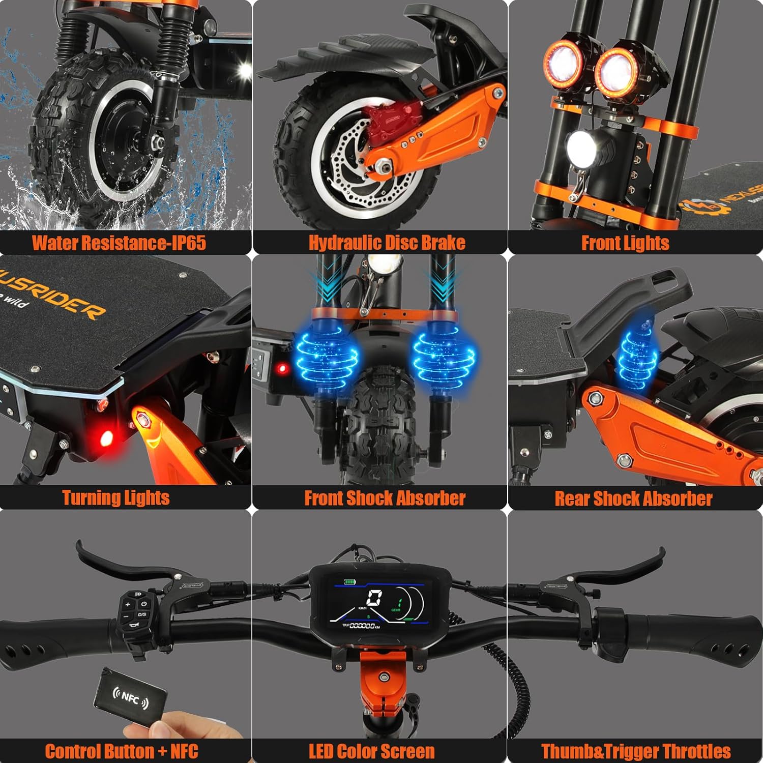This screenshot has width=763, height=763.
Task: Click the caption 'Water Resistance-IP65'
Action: pyautogui.click(x=119, y=243)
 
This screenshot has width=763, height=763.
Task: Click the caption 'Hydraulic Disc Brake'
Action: pyautogui.click(x=387, y=243)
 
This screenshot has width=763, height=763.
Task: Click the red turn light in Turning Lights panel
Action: pyautogui.click(x=106, y=437)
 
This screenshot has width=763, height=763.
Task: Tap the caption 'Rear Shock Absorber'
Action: pyautogui.click(x=633, y=498)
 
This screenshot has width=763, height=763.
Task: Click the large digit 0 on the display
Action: pyautogui.click(x=375, y=598)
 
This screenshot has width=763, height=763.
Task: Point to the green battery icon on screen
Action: pyautogui.click(x=350, y=581)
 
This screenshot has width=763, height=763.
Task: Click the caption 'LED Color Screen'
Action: pyautogui.click(x=372, y=751)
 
